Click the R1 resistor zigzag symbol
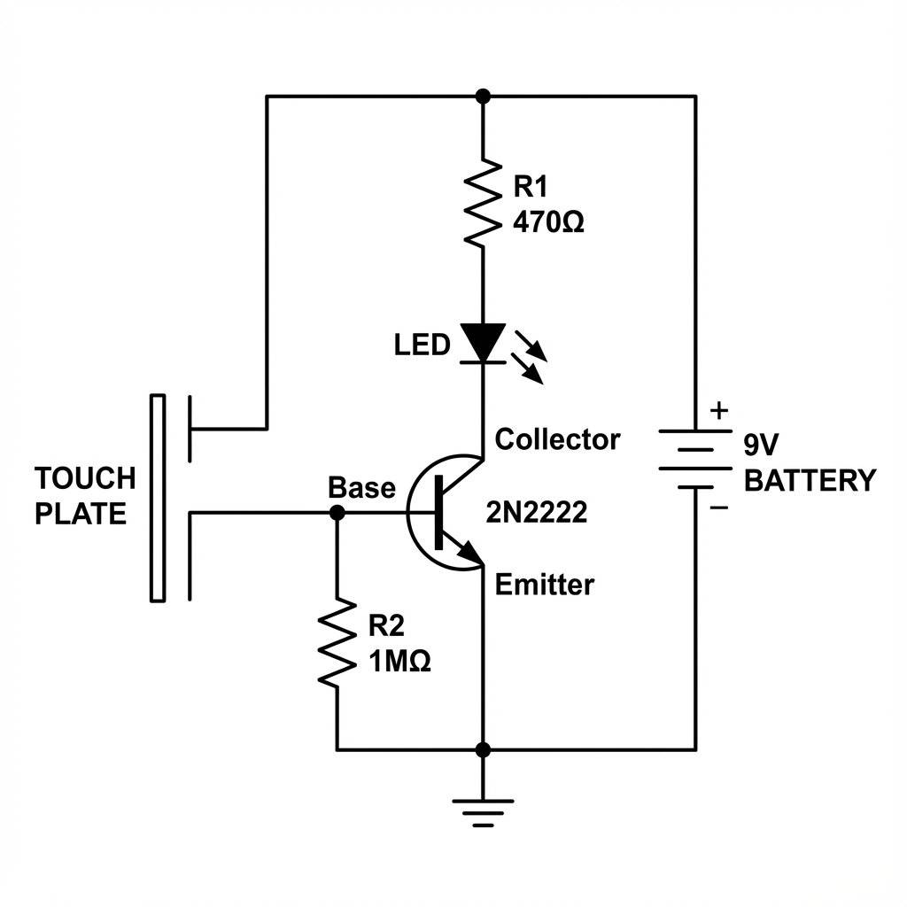click(x=483, y=202)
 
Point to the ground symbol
click(x=483, y=810)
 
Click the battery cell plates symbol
click(x=695, y=459)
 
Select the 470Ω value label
click(x=548, y=222)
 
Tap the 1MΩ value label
click(x=399, y=662)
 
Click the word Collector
click(x=557, y=438)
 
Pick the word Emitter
click(x=544, y=585)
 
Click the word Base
click(x=361, y=487)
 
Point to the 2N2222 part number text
click(x=537, y=512)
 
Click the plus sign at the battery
click(x=719, y=411)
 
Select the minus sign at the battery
click(x=719, y=508)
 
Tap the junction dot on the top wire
click(x=483, y=96)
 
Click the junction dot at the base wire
click(x=337, y=512)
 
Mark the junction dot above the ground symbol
click(x=483, y=750)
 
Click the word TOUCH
click(x=85, y=478)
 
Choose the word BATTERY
click(x=810, y=481)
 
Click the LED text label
click(x=422, y=345)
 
